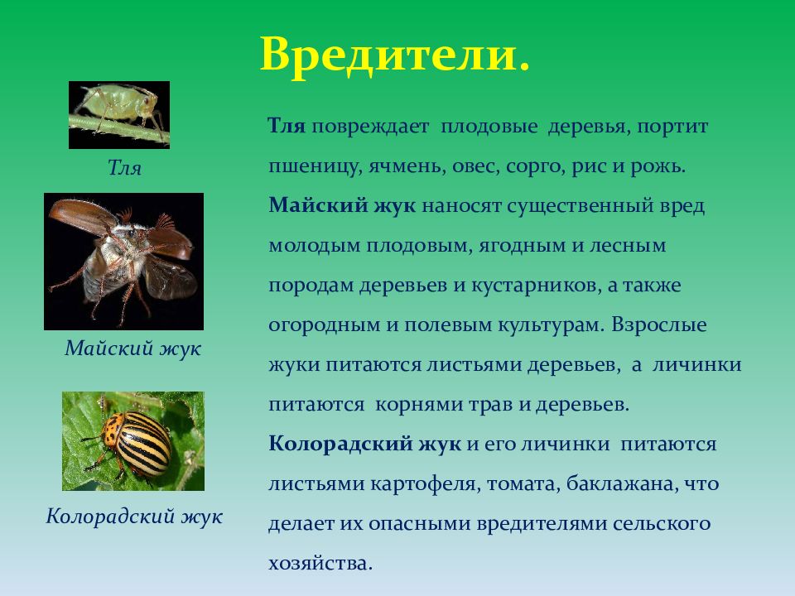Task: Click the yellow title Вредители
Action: pos(395,55)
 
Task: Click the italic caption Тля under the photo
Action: pos(124,167)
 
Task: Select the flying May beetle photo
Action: pos(123,262)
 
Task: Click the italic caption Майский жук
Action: pos(132,348)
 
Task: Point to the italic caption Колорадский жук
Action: pos(134,517)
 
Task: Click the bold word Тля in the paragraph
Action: pos(287,126)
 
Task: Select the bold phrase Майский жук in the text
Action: pos(342,206)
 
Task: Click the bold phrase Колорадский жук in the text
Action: pos(365,445)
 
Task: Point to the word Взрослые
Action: pos(659,324)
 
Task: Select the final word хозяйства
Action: pos(320,564)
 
